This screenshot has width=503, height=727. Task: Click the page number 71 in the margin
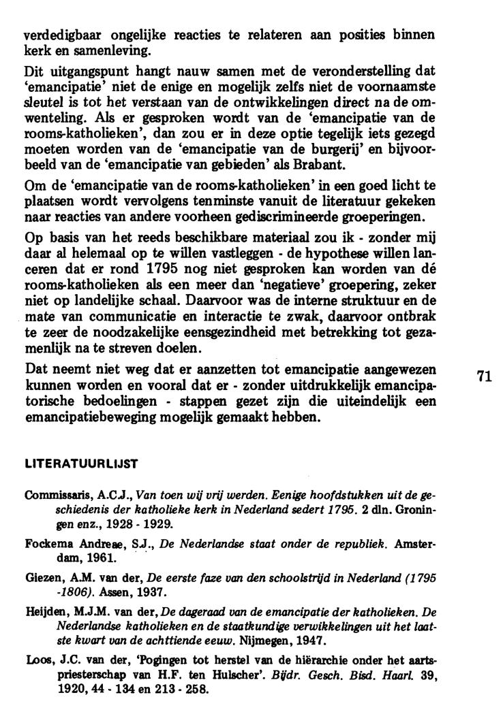click(x=484, y=377)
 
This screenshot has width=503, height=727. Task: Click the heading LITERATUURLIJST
click(x=81, y=464)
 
